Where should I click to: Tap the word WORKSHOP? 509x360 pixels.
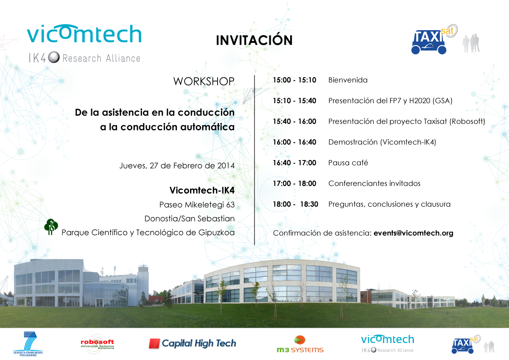tap(204, 82)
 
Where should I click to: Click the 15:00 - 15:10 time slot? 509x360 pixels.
tap(294, 80)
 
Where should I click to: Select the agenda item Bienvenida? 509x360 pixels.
tap(348, 80)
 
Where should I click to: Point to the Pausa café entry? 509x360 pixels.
tap(348, 163)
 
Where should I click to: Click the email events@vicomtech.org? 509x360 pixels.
tap(413, 233)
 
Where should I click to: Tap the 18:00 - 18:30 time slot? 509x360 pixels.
tap(295, 204)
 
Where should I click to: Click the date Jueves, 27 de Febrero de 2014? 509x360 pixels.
tap(177, 166)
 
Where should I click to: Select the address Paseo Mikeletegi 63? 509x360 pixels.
tap(197, 205)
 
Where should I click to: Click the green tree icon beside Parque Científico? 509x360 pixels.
tap(51, 227)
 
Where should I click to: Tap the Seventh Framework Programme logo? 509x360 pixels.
tap(28, 343)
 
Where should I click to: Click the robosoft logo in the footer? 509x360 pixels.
tap(98, 344)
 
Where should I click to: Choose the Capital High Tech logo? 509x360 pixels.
tap(193, 343)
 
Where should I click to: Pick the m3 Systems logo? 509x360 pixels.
tap(300, 344)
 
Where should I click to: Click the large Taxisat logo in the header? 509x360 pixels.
tap(434, 39)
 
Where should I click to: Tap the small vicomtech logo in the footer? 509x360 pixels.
tap(387, 343)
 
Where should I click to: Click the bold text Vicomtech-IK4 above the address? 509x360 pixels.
tap(202, 190)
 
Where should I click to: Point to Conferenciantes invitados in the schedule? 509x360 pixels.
tap(374, 183)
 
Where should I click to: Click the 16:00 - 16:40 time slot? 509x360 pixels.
tap(294, 142)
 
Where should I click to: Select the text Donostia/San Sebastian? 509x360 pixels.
tap(190, 219)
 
